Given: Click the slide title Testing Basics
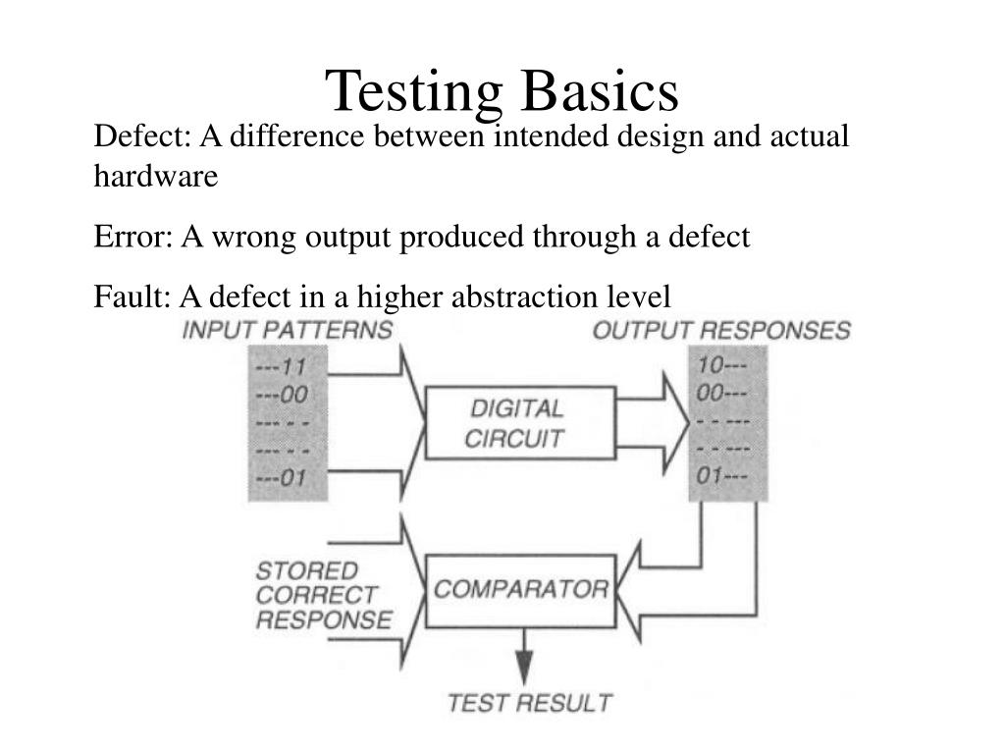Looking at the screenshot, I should click(x=502, y=90).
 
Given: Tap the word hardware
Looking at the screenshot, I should click(x=156, y=177).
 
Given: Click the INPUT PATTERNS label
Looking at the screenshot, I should click(x=287, y=330).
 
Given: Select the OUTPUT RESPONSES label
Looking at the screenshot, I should click(x=721, y=330).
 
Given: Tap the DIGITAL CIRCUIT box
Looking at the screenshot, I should click(x=519, y=422).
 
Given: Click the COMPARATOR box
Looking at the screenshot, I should click(x=520, y=590).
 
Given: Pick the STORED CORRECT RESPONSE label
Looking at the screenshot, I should click(x=323, y=595).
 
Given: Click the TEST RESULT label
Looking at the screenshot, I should click(x=529, y=703).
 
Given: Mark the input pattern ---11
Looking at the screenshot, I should click(x=282, y=368).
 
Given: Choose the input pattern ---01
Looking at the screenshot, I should click(x=282, y=478).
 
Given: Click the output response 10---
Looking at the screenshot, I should click(x=723, y=365).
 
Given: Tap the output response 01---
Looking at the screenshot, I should click(x=723, y=476).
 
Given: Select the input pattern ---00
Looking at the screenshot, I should click(x=282, y=395).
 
